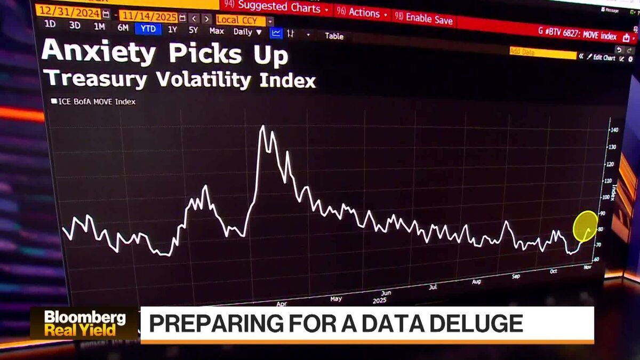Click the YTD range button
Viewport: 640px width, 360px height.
point(148,29)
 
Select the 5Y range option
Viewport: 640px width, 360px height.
point(193,30)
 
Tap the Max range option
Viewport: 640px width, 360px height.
point(217,31)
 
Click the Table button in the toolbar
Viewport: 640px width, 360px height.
point(334,36)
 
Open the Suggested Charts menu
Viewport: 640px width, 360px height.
point(279,7)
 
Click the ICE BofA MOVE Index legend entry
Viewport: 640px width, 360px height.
point(93,101)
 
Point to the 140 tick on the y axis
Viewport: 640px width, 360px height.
point(614,130)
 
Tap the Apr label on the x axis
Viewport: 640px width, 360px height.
point(282,303)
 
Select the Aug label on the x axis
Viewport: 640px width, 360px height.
point(476,281)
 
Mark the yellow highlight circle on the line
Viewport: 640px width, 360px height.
point(585,226)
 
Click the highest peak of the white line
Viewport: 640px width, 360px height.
point(262,127)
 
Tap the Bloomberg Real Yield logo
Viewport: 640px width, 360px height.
point(85,323)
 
